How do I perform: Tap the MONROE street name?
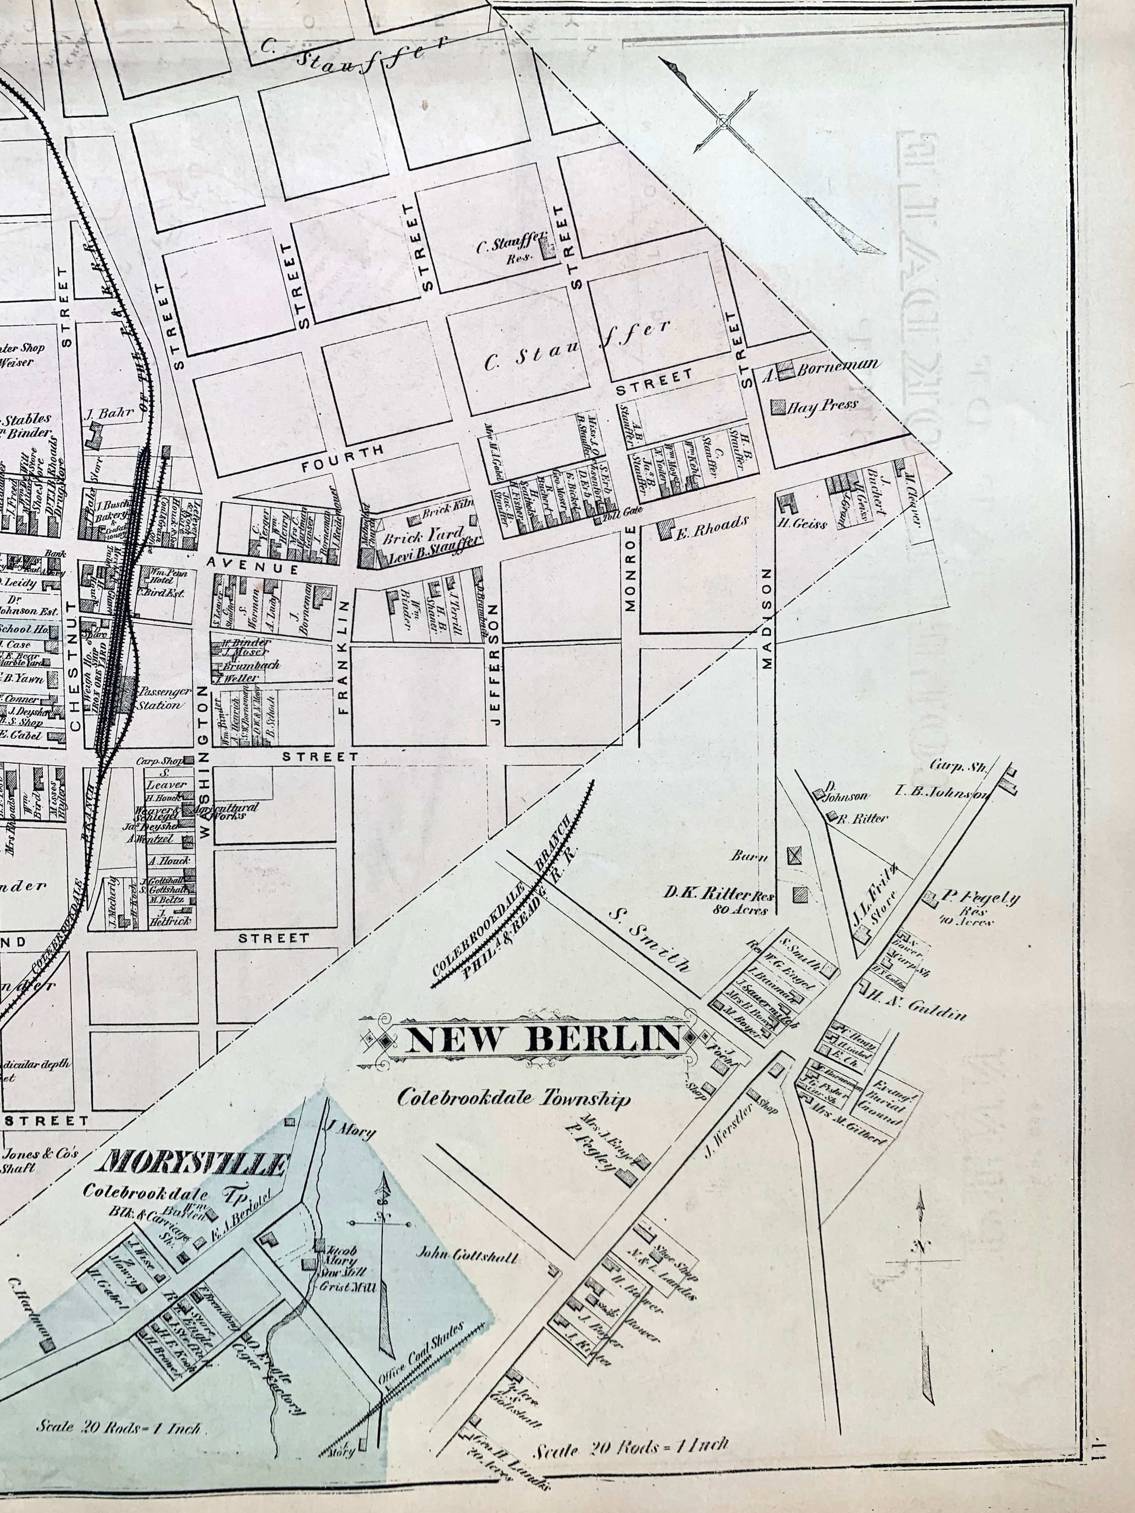[631, 568]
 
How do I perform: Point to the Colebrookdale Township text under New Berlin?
[513, 1099]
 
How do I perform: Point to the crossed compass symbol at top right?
[722, 123]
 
